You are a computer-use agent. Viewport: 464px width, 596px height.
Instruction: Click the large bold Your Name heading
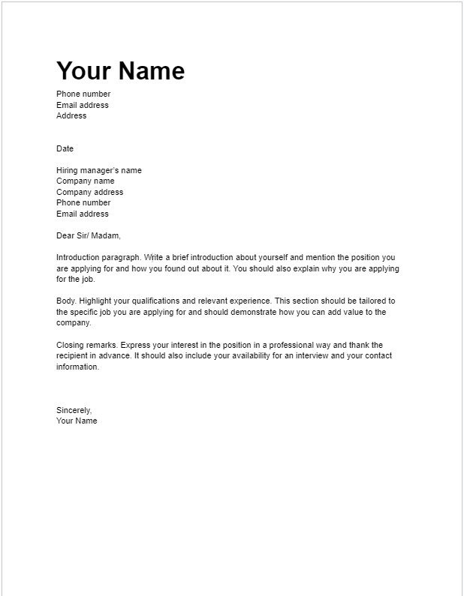click(120, 70)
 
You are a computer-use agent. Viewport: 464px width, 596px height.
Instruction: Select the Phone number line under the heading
click(83, 94)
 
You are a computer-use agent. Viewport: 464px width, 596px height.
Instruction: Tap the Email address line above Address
click(83, 105)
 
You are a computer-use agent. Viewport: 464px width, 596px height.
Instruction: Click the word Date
click(65, 148)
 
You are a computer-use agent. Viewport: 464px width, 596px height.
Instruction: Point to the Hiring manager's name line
click(98, 170)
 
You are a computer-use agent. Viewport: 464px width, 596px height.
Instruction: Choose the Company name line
click(85, 181)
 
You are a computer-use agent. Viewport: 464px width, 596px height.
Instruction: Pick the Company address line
click(89, 192)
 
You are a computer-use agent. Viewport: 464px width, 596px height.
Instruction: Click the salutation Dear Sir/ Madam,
click(88, 235)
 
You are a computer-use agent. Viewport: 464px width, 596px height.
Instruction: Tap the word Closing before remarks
click(70, 345)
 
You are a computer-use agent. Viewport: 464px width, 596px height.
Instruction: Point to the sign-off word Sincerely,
click(74, 410)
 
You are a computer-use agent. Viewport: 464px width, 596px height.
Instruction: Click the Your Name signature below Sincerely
click(77, 421)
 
